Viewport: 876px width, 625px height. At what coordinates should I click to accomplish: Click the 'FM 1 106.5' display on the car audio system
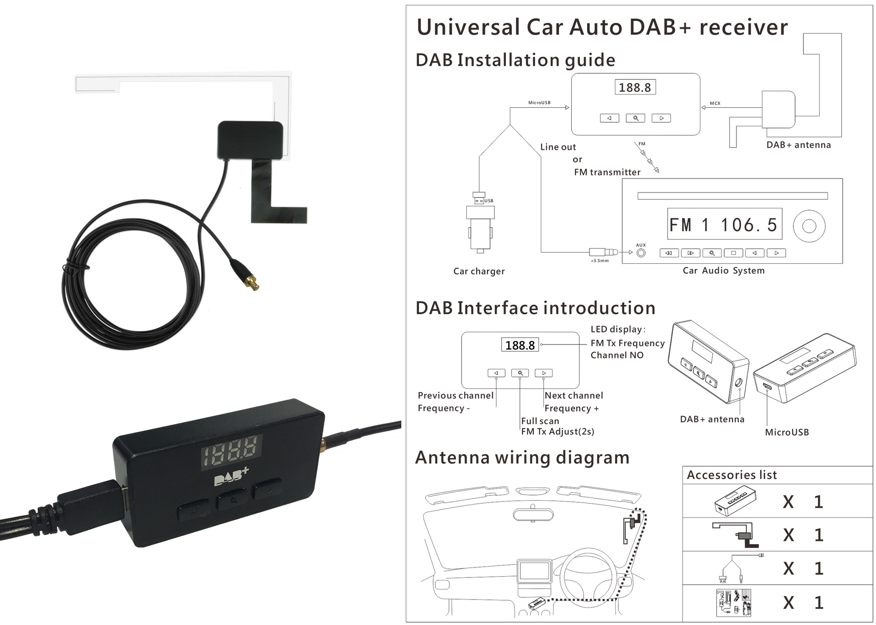point(724,224)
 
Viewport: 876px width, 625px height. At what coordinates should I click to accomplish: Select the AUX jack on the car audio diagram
point(641,253)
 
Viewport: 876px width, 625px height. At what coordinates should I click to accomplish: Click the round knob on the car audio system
point(809,226)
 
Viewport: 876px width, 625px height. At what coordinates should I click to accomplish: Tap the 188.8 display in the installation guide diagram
point(635,87)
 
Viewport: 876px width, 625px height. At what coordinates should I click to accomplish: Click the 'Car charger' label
point(479,271)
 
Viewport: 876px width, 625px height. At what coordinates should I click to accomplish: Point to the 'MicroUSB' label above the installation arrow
point(539,103)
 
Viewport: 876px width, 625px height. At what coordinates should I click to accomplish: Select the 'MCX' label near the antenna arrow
point(715,103)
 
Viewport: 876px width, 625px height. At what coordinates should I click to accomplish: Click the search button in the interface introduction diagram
point(520,373)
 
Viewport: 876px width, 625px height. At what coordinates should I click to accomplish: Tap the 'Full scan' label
point(540,421)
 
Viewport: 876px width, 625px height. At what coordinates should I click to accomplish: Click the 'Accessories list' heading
point(731,475)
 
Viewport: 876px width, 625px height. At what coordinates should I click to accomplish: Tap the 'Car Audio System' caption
point(723,270)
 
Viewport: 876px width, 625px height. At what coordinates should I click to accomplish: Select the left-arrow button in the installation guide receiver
point(609,118)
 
